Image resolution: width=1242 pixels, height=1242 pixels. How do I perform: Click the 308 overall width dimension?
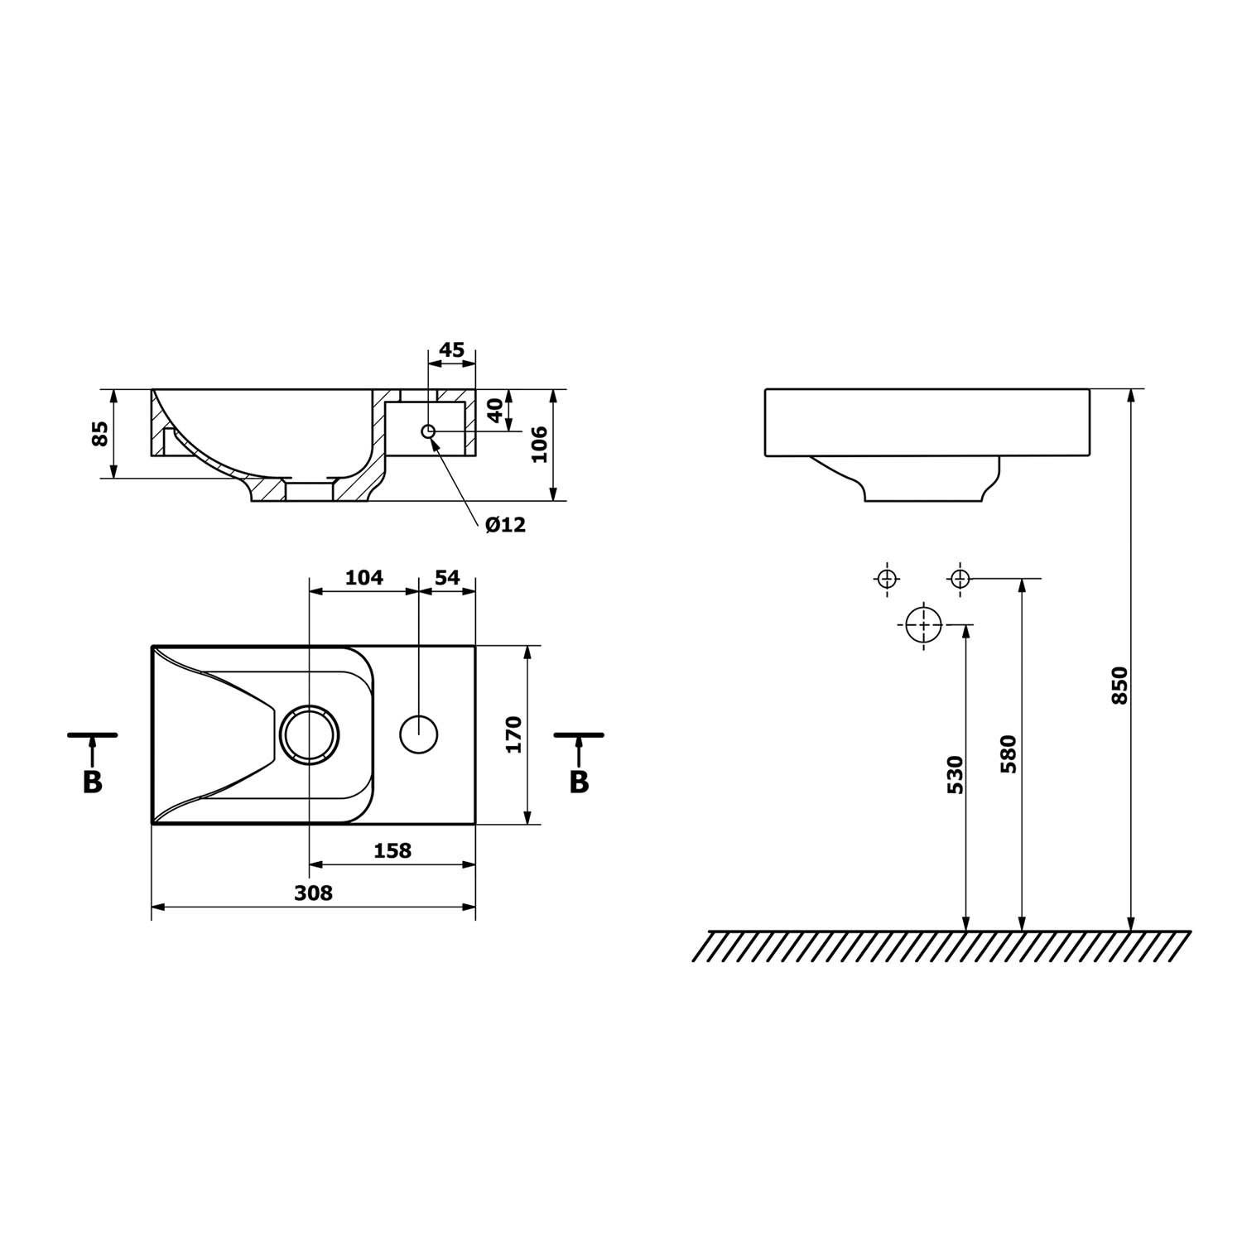tap(314, 893)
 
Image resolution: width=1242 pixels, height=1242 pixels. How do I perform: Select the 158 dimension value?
tap(392, 850)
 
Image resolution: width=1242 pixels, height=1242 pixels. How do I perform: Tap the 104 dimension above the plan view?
tap(364, 577)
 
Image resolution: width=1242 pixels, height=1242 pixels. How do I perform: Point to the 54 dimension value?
tap(447, 577)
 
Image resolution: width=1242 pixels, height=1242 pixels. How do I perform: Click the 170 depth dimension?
tap(513, 734)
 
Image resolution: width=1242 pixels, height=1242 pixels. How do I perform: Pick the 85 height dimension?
tap(100, 433)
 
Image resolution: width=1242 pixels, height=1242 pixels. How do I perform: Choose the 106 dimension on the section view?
tap(539, 445)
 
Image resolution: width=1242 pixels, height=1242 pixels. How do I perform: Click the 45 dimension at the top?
tap(451, 349)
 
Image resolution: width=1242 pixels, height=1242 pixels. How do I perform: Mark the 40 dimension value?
tap(494, 410)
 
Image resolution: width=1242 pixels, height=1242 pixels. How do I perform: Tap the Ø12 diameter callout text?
tap(506, 524)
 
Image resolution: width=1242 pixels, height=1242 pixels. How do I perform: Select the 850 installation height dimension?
tap(1119, 686)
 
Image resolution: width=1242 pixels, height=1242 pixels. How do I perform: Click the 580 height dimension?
tap(1009, 753)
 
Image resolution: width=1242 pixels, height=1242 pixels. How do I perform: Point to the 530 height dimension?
tap(955, 774)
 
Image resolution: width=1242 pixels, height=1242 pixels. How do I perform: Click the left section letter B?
tap(92, 781)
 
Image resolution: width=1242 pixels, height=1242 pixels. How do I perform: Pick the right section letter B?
tap(579, 781)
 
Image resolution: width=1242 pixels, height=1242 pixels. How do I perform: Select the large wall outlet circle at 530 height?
tap(923, 624)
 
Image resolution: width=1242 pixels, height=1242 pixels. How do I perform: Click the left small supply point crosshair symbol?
tap(887, 578)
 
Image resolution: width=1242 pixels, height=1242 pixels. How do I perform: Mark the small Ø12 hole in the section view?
tap(428, 431)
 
